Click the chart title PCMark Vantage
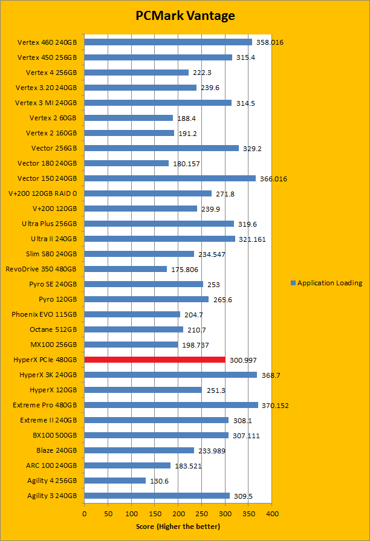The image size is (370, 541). coord(184,16)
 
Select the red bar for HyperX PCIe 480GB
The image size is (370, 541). coord(155,360)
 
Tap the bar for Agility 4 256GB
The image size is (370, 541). coord(115,481)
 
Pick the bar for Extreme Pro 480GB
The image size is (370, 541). coord(171,405)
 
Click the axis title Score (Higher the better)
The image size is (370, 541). coord(178,526)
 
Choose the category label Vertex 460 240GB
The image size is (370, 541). coord(47,42)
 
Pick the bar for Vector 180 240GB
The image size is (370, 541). coord(126,163)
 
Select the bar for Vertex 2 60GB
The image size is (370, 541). coord(128,118)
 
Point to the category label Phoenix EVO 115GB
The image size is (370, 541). coord(44,314)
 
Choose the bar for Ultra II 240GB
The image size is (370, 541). coord(160,239)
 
